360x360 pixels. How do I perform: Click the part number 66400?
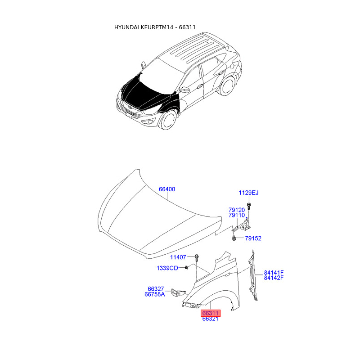click(166, 189)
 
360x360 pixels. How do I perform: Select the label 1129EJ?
click(248, 193)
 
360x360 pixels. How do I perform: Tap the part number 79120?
click(236, 210)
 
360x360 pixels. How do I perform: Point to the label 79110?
click(236, 216)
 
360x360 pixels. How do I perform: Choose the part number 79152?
click(253, 238)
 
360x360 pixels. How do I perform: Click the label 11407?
click(178, 257)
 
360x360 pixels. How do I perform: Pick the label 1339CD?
click(167, 268)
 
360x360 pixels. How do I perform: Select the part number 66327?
click(156, 289)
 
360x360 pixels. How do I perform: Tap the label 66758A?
click(154, 295)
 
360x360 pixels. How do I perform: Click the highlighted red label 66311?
click(210, 313)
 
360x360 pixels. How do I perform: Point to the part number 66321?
click(210, 319)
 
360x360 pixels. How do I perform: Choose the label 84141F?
click(274, 273)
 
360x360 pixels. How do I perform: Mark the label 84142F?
click(274, 278)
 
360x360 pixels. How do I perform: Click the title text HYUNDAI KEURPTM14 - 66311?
click(155, 27)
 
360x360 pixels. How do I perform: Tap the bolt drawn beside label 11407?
click(197, 258)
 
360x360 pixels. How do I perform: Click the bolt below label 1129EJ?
click(249, 207)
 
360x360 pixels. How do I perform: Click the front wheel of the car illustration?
click(168, 120)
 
